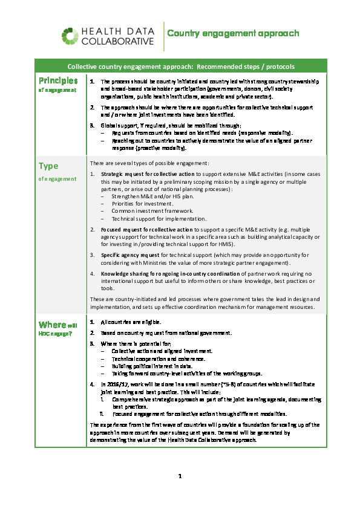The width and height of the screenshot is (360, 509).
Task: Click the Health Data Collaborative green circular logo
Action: [70, 36]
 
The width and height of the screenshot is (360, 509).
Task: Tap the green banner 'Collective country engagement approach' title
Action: [181, 66]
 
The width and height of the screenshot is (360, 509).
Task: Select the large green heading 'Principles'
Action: [58, 80]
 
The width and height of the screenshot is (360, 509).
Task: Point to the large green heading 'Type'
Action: [48, 166]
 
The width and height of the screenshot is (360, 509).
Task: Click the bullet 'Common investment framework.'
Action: [152, 211]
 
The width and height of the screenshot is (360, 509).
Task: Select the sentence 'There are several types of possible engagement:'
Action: [149, 163]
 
